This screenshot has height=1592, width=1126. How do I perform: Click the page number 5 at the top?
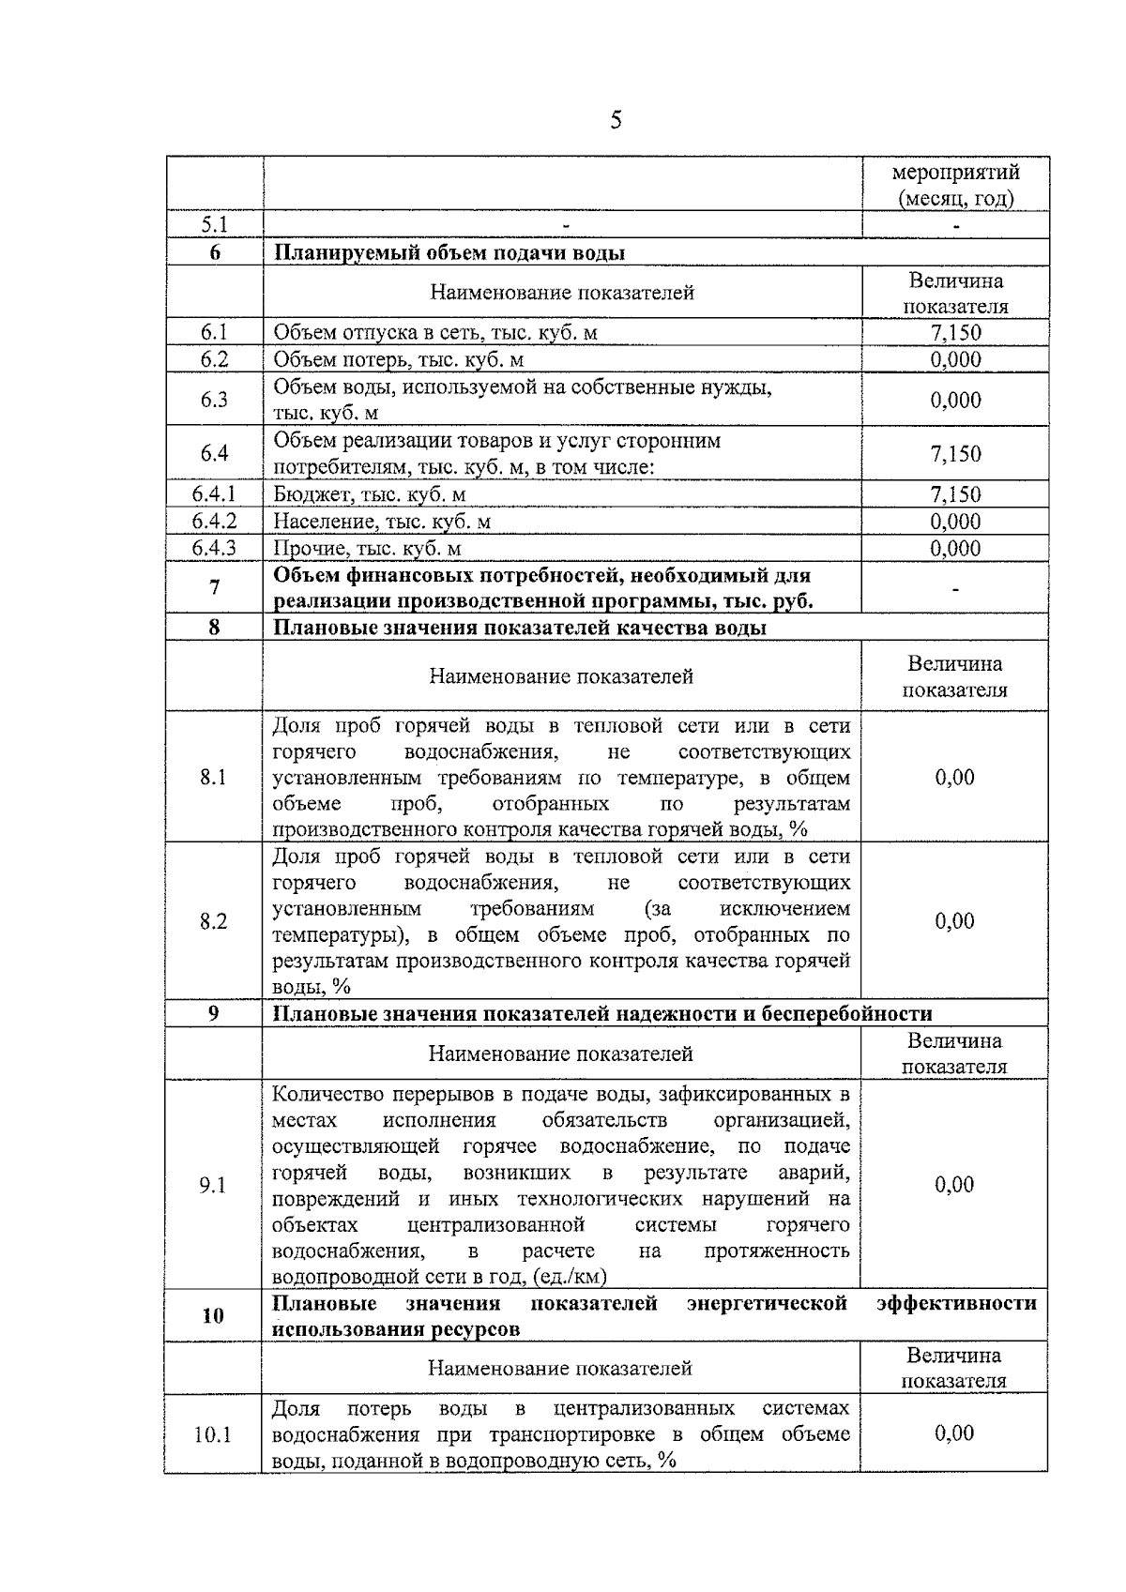616,120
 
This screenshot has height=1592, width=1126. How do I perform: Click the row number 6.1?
214,332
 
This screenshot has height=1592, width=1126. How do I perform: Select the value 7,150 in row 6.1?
955,332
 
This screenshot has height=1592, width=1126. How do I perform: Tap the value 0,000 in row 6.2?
955,359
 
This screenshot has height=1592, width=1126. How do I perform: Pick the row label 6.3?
214,400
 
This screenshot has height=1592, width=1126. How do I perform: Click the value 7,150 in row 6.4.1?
955,494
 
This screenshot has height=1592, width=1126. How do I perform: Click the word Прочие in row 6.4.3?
305,549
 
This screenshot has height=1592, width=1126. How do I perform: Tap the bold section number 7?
215,588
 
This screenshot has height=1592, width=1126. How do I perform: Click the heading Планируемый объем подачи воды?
449,253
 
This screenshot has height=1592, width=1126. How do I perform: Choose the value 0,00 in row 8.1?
954,777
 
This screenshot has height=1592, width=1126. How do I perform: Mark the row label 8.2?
214,921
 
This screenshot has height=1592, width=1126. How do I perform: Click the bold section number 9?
214,1013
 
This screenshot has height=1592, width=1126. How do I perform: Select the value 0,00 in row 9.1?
954,1185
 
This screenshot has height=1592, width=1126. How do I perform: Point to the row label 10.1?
213,1434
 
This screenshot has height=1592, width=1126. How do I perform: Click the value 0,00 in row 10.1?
954,1433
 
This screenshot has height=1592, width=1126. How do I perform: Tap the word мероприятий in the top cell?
955,173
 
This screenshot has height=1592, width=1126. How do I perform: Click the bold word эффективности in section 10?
956,1303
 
